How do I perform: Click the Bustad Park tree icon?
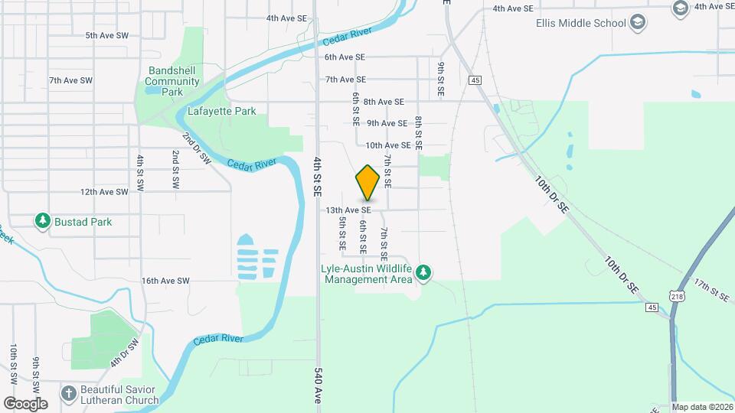tap(43, 222)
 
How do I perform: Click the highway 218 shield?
tap(677, 296)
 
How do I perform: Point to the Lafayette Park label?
tap(221, 111)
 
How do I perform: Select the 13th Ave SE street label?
tap(348, 210)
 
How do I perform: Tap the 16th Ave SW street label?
tap(165, 281)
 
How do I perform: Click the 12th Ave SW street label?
tap(103, 192)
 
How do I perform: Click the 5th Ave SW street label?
tap(110, 35)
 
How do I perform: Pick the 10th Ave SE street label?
tap(388, 145)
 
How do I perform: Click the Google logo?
tap(25, 403)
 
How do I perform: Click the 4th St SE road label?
tap(318, 177)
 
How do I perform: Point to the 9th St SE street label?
tap(441, 79)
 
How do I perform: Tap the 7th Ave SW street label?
tap(70, 80)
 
